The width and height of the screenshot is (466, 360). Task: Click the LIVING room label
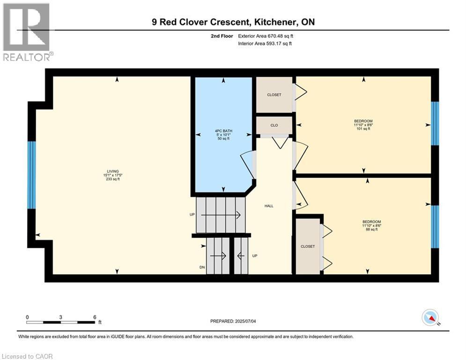click(112, 171)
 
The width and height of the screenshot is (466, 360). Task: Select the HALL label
click(269, 206)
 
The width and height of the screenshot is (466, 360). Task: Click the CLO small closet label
click(274, 126)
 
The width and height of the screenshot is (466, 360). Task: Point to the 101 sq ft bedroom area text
click(363, 129)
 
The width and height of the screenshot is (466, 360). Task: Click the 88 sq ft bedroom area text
click(371, 230)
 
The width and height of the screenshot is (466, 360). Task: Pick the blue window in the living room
click(31, 175)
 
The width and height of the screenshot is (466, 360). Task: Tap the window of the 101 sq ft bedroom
click(435, 123)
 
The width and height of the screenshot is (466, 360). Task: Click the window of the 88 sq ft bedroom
click(435, 226)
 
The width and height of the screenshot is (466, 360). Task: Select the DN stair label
click(201, 267)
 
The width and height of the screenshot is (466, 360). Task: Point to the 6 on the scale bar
click(95, 317)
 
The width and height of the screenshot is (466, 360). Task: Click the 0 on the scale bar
click(28, 317)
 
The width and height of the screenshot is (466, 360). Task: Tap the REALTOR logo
click(27, 32)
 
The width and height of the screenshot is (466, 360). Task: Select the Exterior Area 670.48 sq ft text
click(266, 36)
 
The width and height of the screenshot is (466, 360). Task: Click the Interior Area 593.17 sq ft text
click(265, 44)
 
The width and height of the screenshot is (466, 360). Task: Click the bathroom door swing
click(247, 164)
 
